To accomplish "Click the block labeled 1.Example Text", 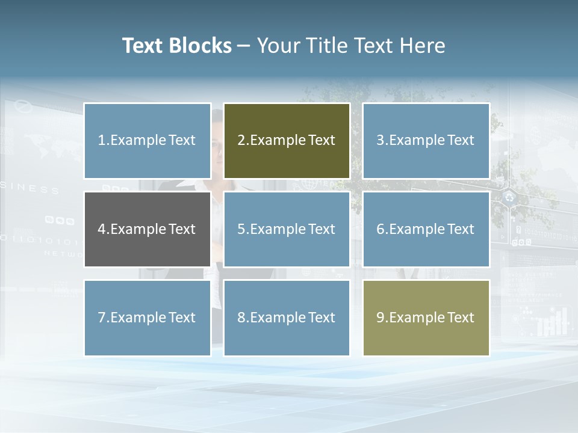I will pos(148,141).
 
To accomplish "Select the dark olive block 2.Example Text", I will pos(287,141).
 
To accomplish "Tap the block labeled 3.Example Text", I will pos(426,141).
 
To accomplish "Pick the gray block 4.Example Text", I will pos(148,229).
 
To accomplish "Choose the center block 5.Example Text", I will pos(287,229).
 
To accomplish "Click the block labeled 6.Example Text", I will pos(426,229).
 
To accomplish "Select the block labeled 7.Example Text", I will pos(148,318).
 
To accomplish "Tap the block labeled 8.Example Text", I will pos(287,318).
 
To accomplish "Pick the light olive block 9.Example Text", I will pos(426,318).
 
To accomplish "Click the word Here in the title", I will pos(423,46).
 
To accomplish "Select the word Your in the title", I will pos(276,46).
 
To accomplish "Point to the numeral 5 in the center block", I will pos(241,229).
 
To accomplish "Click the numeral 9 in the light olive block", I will pos(380,318).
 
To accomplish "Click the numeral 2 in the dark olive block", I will pos(241,141).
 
